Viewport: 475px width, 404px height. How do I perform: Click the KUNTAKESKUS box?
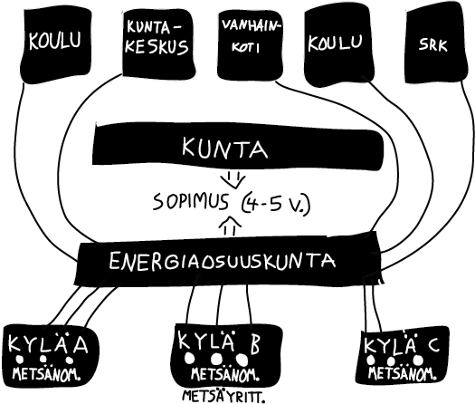(157, 44)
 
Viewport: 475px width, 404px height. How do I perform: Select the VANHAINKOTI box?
(250, 44)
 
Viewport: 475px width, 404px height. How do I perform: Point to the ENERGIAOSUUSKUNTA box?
(228, 260)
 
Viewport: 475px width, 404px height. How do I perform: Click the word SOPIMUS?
(191, 202)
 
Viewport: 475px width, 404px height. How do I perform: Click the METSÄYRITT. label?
(223, 396)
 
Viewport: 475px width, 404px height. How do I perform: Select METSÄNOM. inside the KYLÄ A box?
(46, 374)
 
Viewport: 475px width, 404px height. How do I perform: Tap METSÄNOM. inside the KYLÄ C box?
(403, 373)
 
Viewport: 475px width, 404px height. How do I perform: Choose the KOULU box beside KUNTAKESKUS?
(56, 45)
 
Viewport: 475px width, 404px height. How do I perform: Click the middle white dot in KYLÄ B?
(216, 360)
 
